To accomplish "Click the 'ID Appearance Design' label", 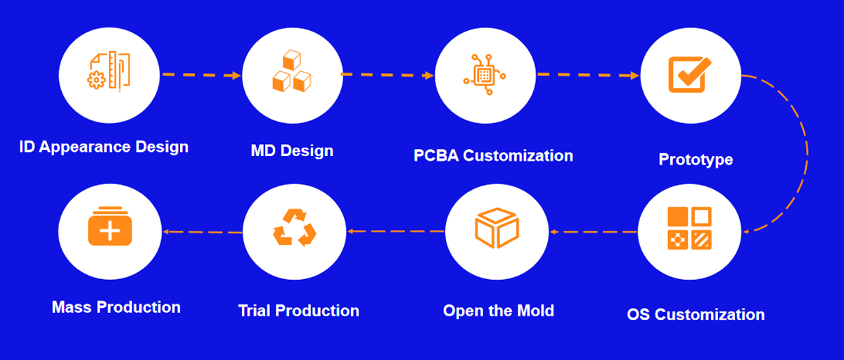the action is (103, 147).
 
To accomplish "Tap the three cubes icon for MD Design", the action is (292, 71).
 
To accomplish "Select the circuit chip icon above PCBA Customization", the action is (485, 75).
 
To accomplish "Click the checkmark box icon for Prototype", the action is (689, 75).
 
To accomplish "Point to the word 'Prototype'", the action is (696, 160).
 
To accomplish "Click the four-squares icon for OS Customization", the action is (689, 229).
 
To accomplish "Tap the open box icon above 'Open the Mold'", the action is (497, 228).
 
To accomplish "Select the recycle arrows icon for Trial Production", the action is (294, 227).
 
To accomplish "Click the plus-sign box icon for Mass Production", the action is (110, 226).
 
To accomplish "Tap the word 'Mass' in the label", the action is (72, 307).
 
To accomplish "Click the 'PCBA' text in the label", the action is (436, 156).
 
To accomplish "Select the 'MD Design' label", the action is (292, 151).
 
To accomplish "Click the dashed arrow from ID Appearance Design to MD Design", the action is (202, 75).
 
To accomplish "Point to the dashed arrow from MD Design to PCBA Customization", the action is (388, 75).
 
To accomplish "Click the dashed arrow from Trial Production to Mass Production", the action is (203, 232).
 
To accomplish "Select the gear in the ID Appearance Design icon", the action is (96, 80).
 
